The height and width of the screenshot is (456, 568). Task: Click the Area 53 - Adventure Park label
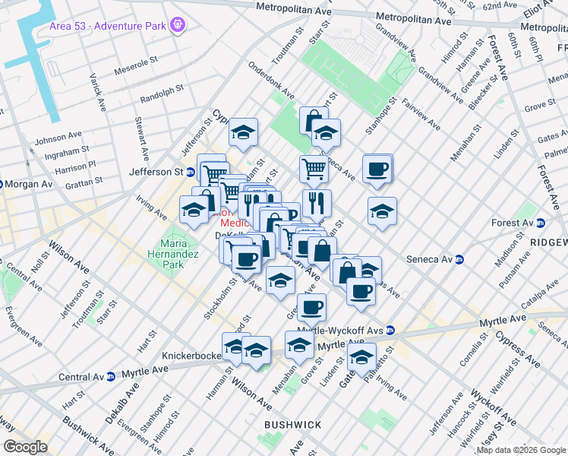click(109, 26)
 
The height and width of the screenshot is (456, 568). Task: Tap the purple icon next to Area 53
click(178, 26)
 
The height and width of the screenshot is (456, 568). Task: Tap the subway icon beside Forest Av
click(541, 223)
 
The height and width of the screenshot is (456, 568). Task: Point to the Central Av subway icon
click(110, 376)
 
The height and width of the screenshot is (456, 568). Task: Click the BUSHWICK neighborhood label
click(292, 424)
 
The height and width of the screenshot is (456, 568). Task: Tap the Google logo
click(25, 447)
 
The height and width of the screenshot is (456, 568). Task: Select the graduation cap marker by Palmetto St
click(362, 356)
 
